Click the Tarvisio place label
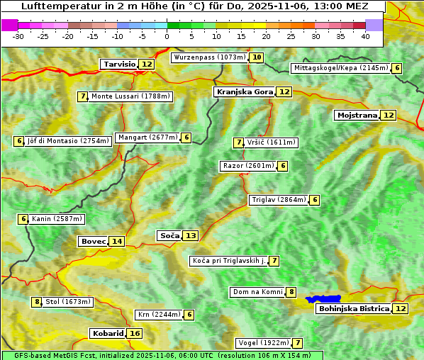119,64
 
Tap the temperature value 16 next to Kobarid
135,333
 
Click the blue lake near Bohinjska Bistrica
323,299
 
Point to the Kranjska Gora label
244,91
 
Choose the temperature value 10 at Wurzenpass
257,57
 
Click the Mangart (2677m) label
147,137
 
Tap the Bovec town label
93,241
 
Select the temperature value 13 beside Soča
191,235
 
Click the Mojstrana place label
357,115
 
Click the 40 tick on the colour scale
365,35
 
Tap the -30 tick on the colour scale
18,35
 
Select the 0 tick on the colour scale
167,35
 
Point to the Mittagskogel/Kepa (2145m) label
341,68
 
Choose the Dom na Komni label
257,292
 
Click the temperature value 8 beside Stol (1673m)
37,302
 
